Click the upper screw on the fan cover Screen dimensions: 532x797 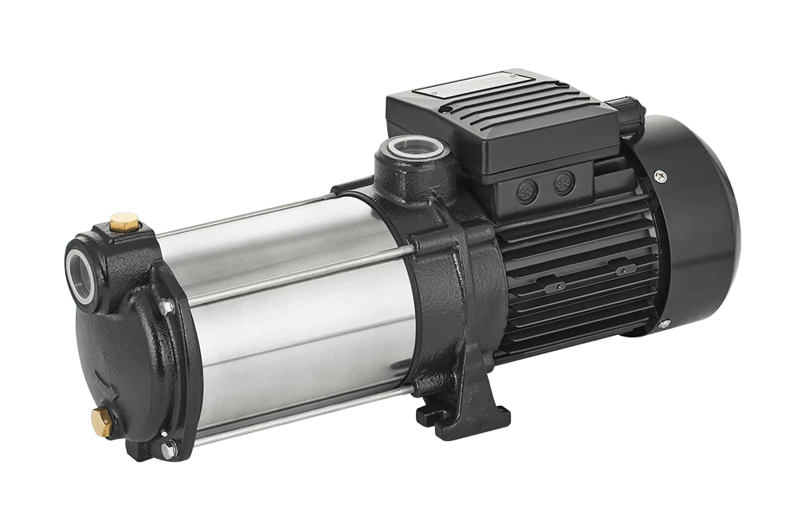[x=661, y=175]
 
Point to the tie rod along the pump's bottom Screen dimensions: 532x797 [x=303, y=415]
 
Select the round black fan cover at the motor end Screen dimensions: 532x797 [x=701, y=231]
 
